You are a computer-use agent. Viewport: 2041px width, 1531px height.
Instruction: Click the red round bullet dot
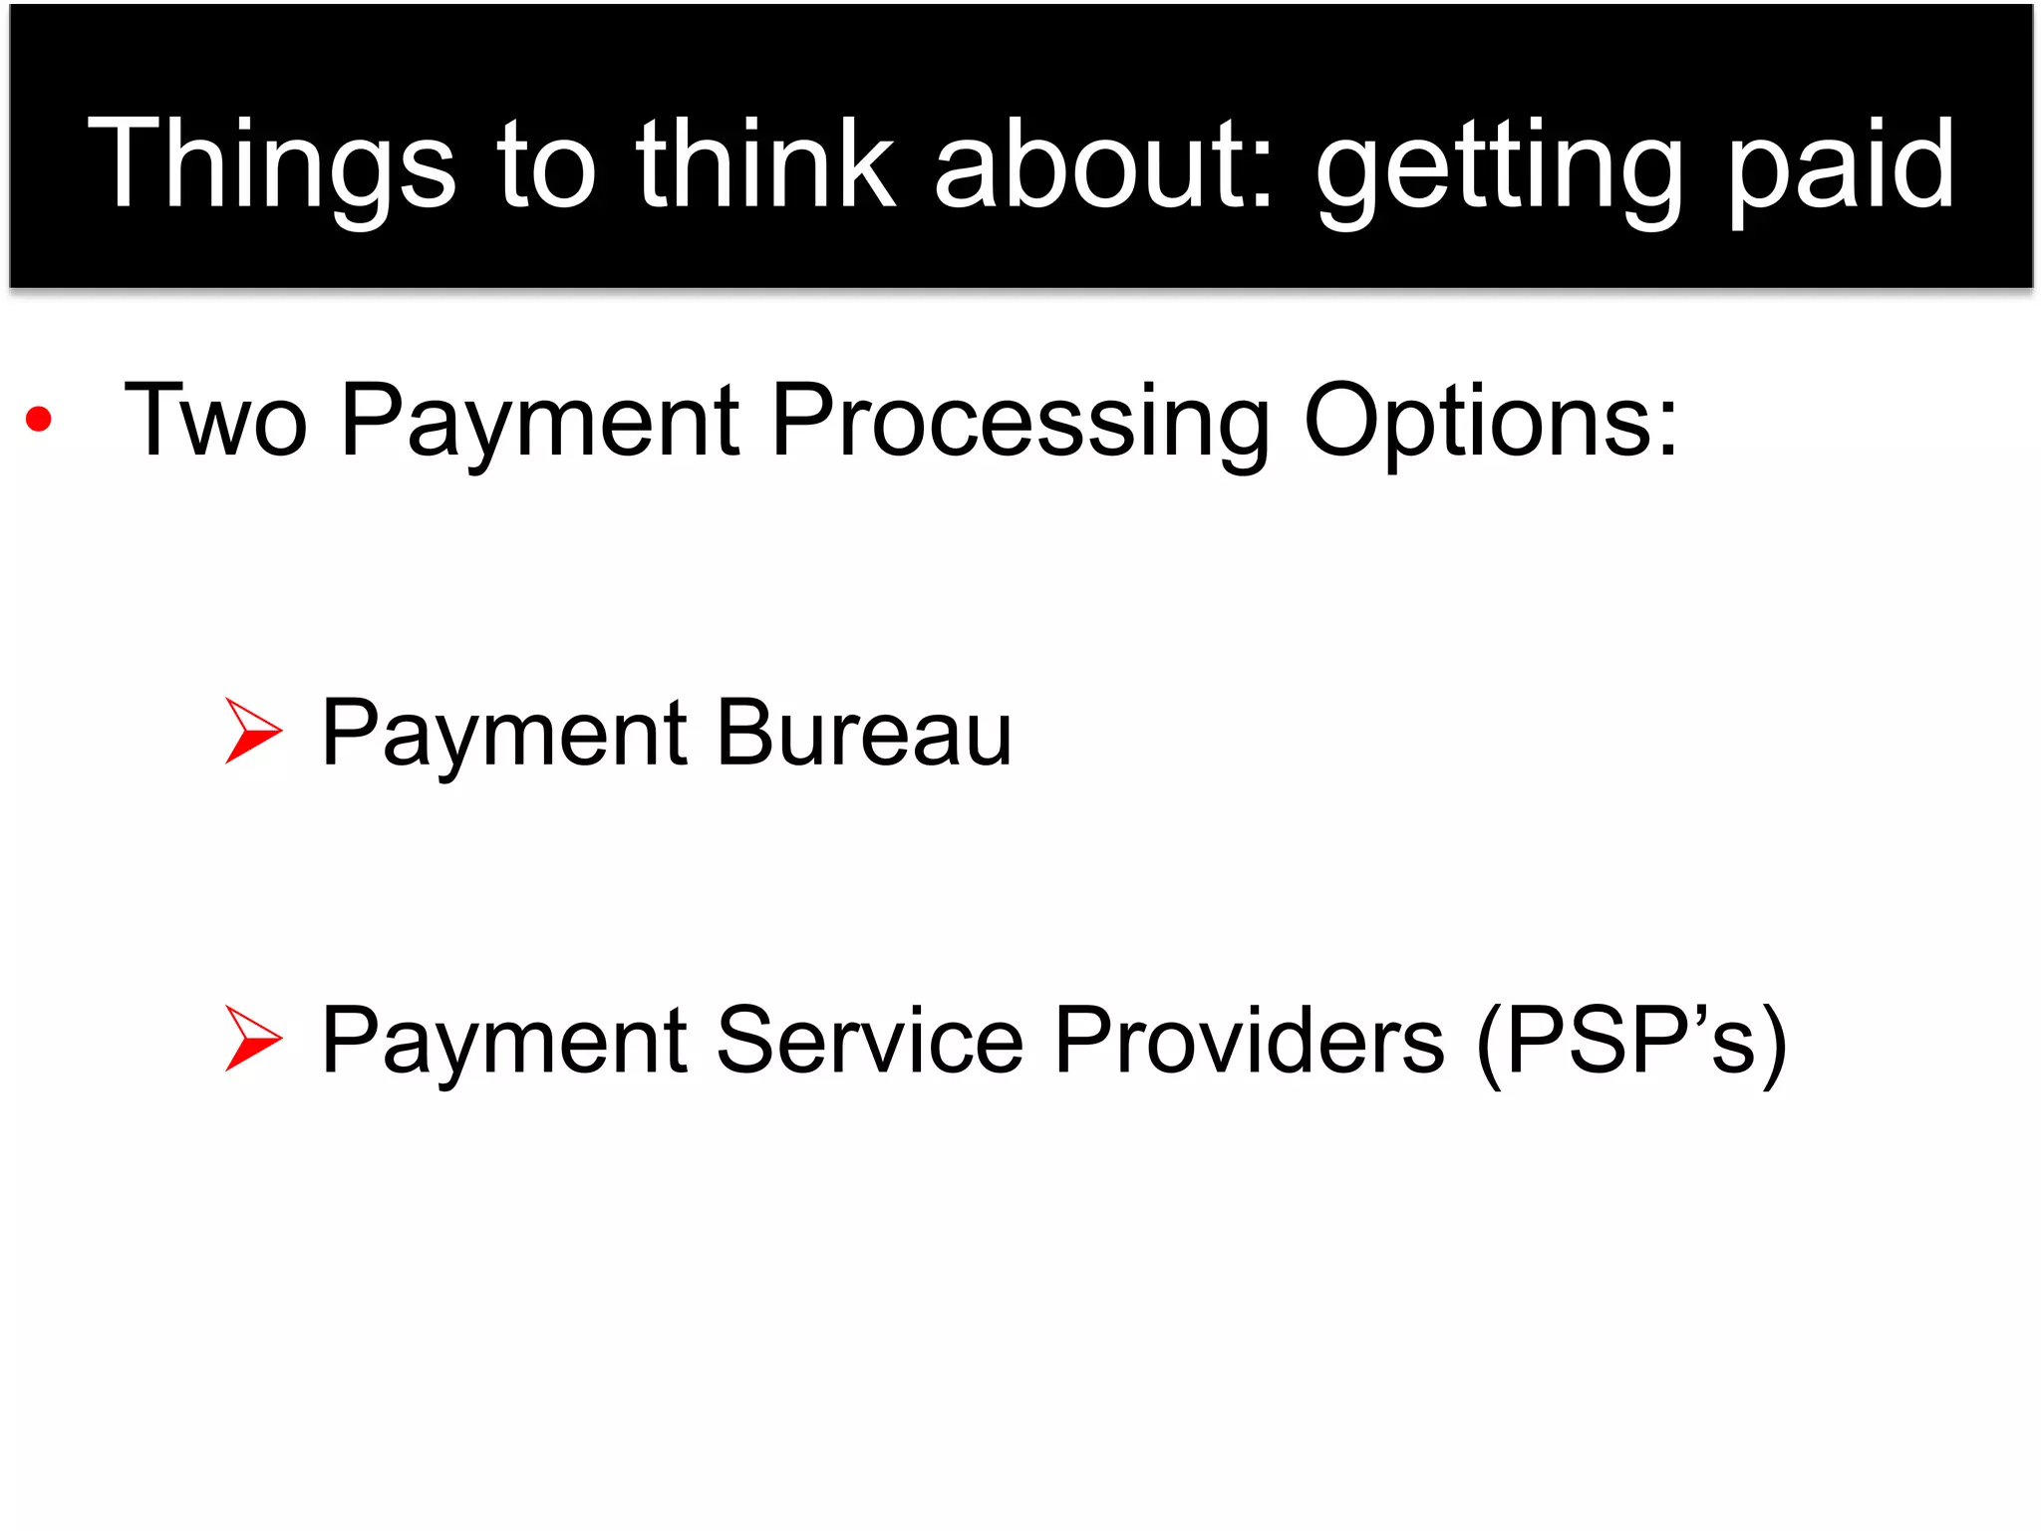pos(39,420)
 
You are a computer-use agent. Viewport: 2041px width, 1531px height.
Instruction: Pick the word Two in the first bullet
pos(215,421)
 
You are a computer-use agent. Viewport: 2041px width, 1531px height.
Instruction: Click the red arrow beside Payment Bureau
pos(252,731)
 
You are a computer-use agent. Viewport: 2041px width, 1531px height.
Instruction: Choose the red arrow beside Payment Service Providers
pos(252,1039)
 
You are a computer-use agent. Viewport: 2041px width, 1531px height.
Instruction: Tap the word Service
pos(869,1041)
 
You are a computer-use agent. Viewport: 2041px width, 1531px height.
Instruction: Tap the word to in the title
pos(546,164)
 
